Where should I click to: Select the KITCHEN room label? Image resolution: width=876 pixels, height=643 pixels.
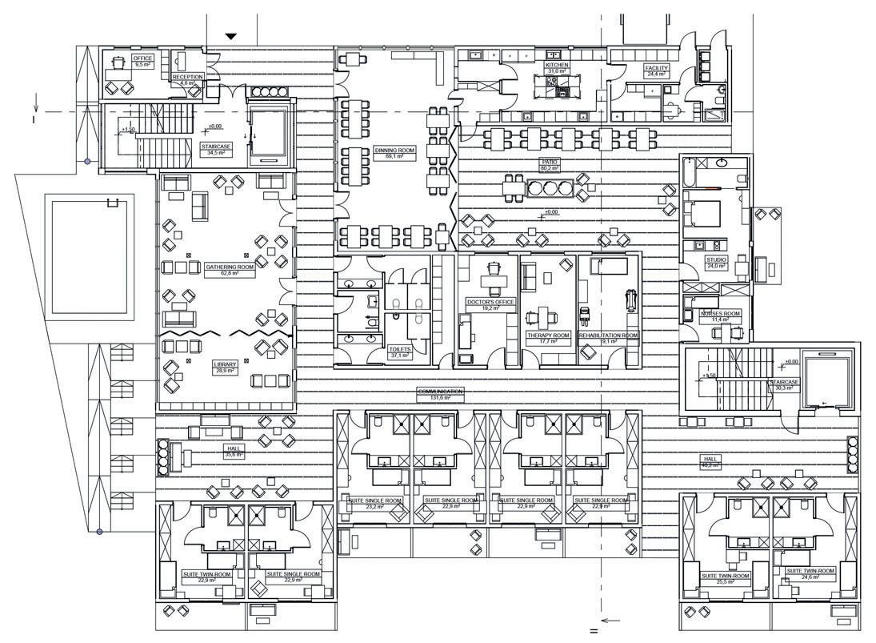click(557, 65)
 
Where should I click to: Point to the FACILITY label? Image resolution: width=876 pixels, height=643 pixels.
click(657, 68)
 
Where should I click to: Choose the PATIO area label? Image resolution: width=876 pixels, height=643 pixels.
click(549, 162)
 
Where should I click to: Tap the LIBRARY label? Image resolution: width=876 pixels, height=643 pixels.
click(226, 365)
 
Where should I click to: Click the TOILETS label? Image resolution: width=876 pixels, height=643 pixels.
click(399, 349)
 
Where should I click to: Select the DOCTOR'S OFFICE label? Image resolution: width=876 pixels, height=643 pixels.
click(490, 302)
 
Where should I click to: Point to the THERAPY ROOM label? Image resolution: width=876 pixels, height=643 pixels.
click(548, 336)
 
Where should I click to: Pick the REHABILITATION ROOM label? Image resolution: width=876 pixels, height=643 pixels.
click(609, 336)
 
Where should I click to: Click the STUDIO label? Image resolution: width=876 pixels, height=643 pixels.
click(716, 259)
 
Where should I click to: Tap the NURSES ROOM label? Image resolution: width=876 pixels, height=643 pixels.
click(721, 313)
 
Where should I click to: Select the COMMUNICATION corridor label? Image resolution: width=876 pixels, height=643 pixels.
click(441, 392)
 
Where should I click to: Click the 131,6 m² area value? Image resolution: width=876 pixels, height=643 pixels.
click(441, 398)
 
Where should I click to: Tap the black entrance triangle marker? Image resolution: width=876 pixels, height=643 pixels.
click(231, 36)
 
